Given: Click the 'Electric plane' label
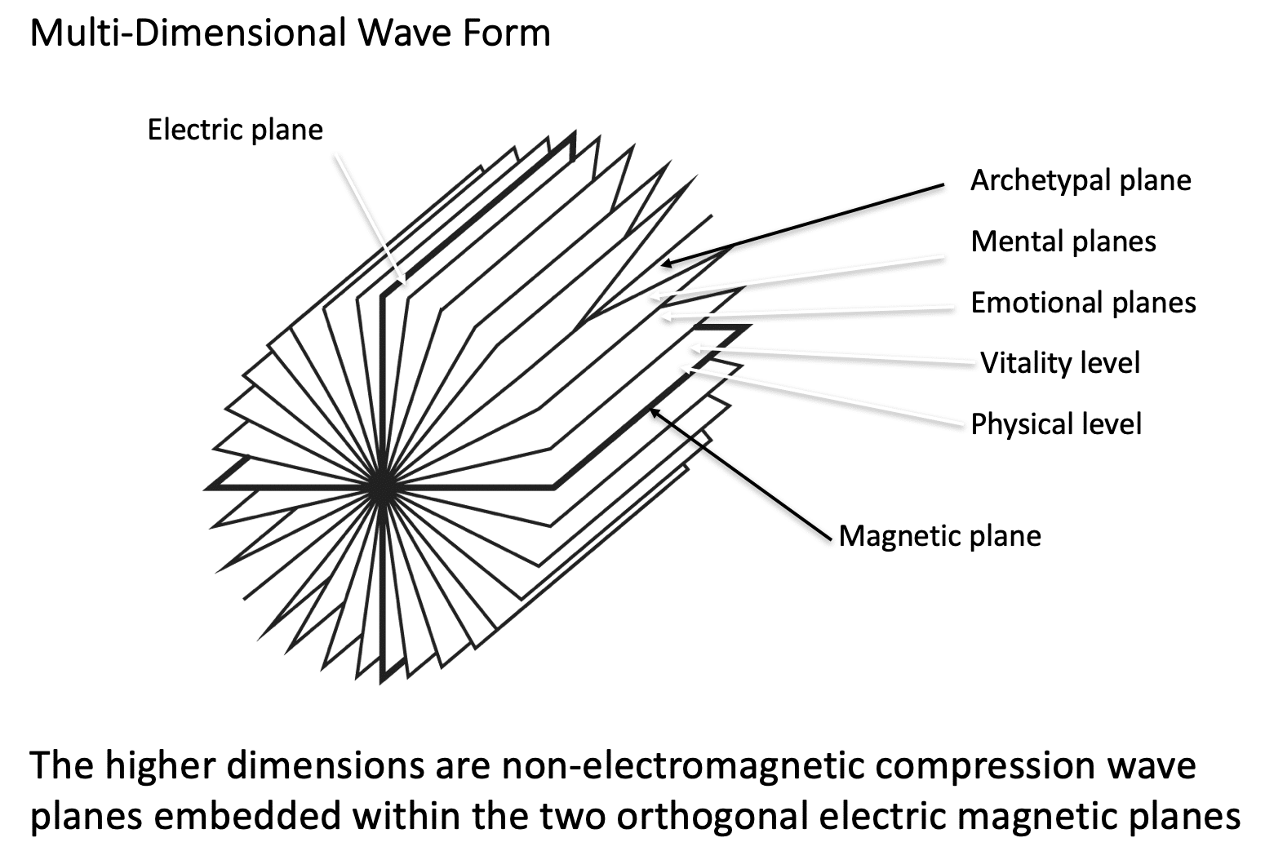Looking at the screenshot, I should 235,130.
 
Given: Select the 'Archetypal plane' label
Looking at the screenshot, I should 1081,180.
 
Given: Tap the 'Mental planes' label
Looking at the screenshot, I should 1063,242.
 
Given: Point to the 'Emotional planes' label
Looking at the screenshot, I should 1083,303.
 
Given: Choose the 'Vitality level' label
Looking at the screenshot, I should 1059,363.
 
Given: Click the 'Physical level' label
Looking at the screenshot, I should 1056,424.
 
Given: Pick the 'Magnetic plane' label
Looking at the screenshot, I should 939,536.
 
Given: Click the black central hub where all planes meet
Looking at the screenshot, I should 379,489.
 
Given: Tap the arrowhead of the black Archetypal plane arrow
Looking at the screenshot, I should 665,264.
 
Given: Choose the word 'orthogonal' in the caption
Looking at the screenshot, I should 709,817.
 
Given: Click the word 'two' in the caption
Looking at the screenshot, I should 570,817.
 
